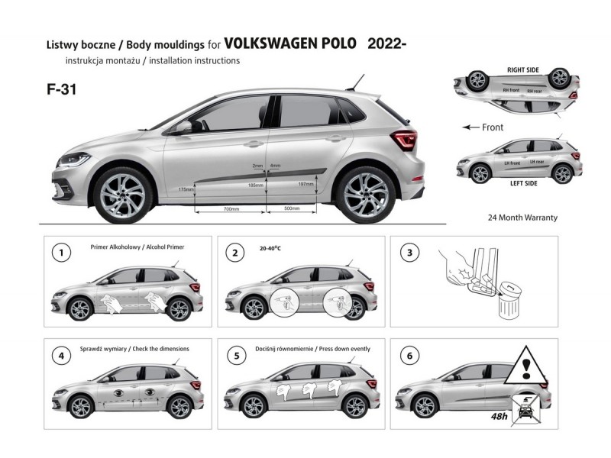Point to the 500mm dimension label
pyautogui.click(x=291, y=208)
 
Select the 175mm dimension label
pyautogui.click(x=186, y=189)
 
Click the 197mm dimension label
pyautogui.click(x=305, y=184)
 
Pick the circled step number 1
pyautogui.click(x=60, y=251)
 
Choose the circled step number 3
pyautogui.click(x=410, y=251)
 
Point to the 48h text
pyautogui.click(x=502, y=418)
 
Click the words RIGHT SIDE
pyautogui.click(x=523, y=70)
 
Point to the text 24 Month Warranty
pyautogui.click(x=522, y=218)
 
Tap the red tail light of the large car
pyautogui.click(x=405, y=140)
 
